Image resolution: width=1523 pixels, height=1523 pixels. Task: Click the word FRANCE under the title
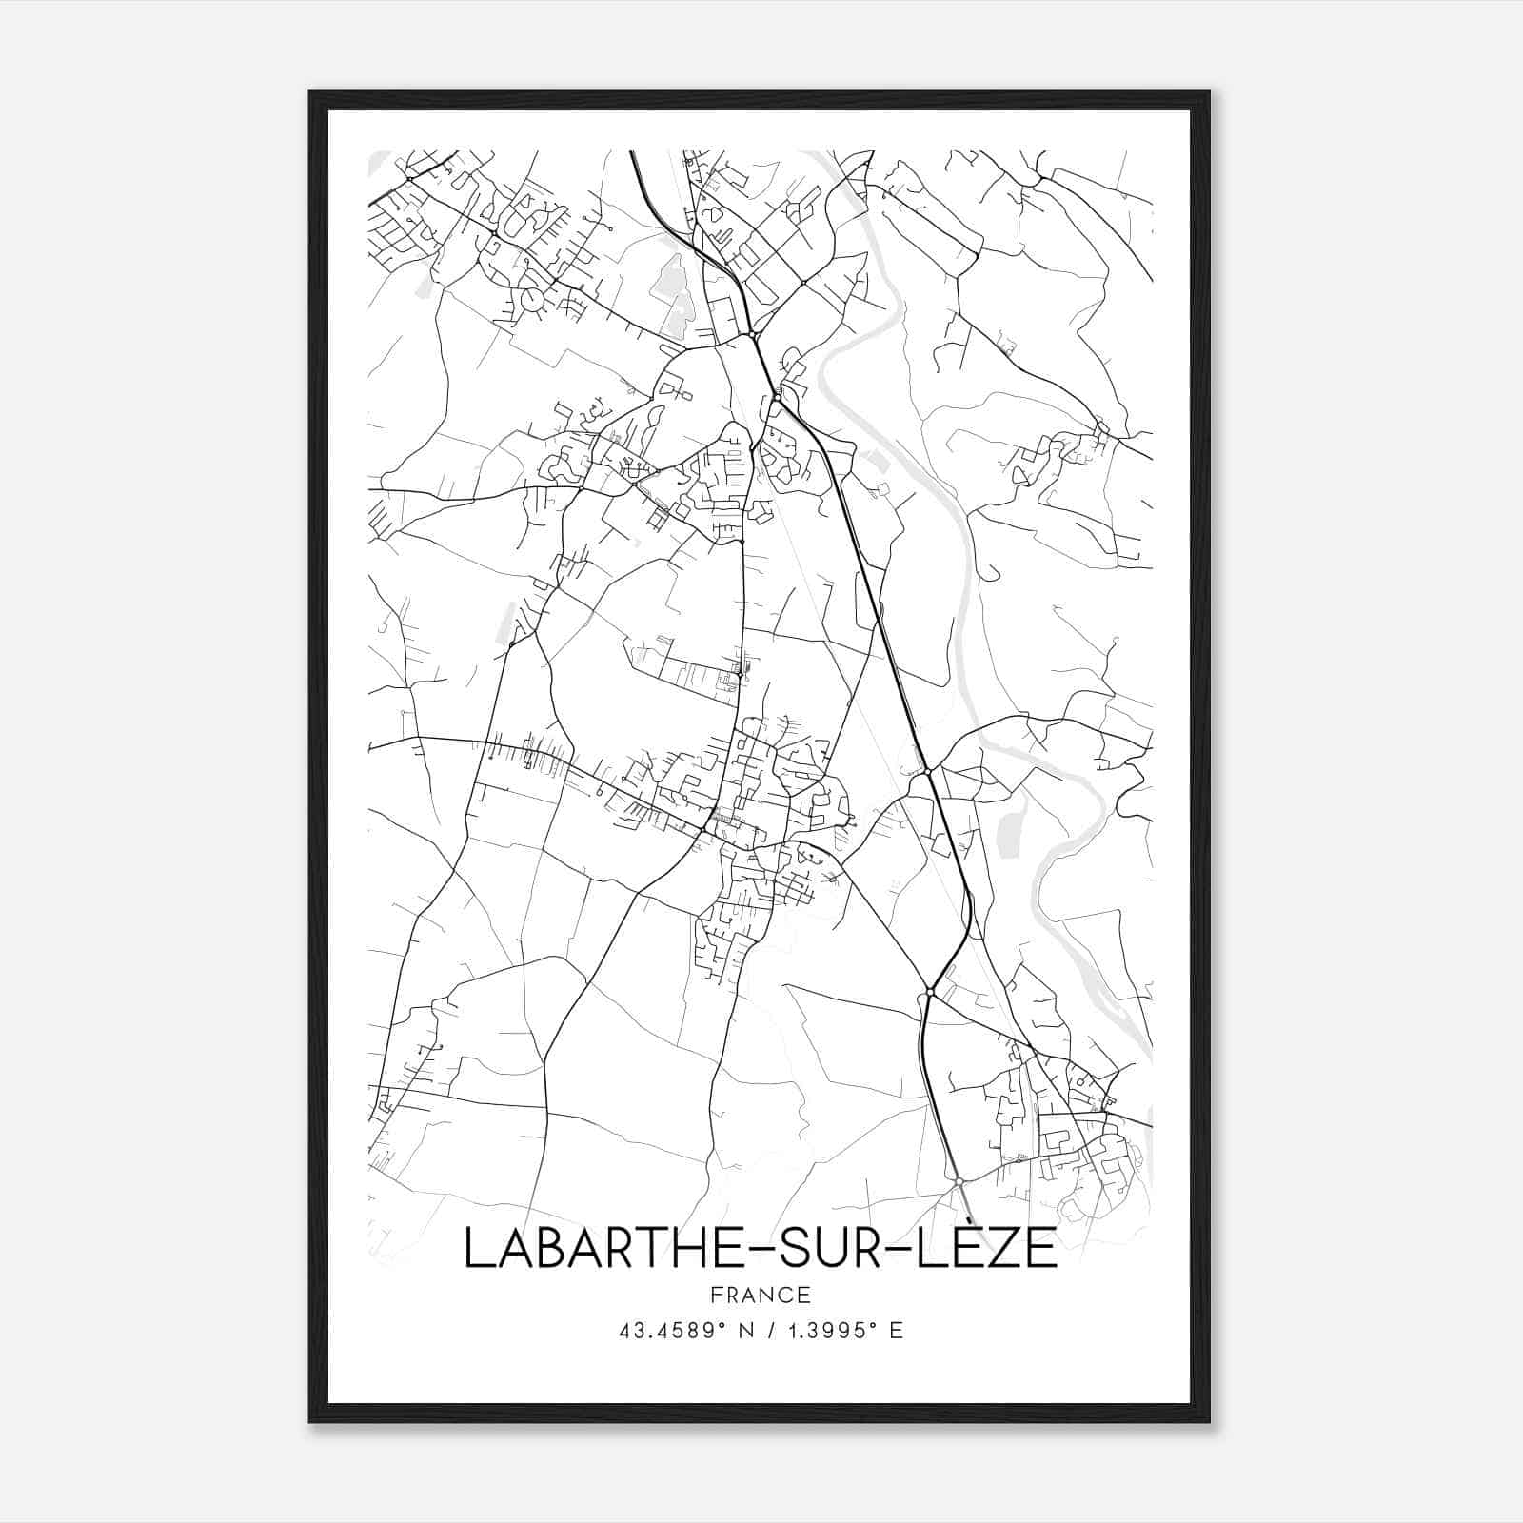click(760, 1295)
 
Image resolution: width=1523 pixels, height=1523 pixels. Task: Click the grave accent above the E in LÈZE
click(978, 1223)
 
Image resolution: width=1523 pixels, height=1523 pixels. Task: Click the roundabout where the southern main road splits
click(929, 993)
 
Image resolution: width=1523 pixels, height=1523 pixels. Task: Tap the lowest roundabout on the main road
click(959, 1181)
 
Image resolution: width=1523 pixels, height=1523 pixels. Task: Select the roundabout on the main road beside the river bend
click(926, 771)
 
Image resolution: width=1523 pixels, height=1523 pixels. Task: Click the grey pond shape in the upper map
click(674, 286)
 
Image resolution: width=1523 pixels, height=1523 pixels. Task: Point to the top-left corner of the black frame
click(311, 93)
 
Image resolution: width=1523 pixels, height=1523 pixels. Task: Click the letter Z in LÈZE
click(1006, 1250)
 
